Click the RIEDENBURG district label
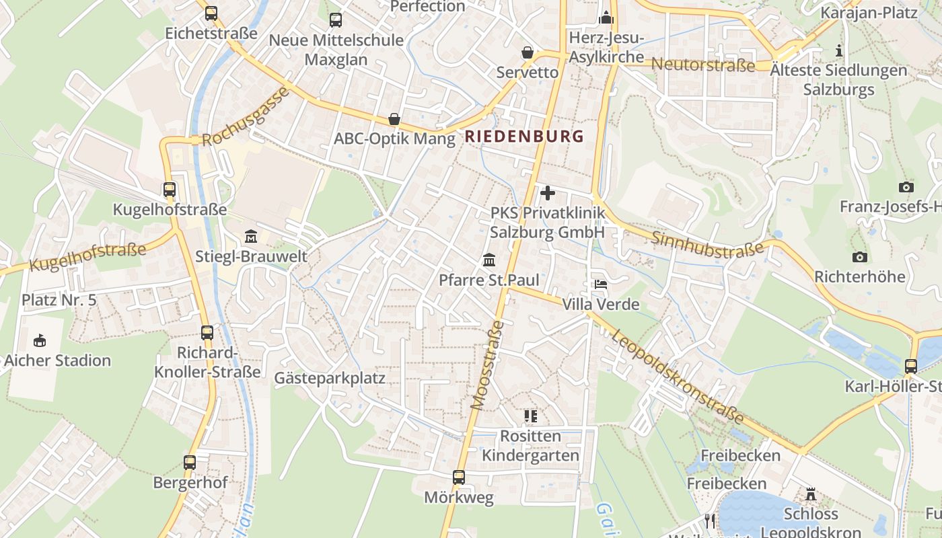(x=524, y=136)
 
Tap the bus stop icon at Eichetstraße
(x=211, y=13)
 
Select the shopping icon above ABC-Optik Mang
(x=394, y=120)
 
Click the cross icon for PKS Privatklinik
(x=548, y=193)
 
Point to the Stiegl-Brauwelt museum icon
(x=251, y=236)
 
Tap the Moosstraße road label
(x=488, y=365)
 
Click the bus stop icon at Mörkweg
(x=459, y=477)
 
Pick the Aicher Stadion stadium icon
(x=40, y=340)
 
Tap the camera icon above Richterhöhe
(x=859, y=257)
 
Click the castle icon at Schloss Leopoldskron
(x=811, y=494)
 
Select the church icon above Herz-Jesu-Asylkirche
(x=606, y=17)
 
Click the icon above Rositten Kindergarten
(x=530, y=416)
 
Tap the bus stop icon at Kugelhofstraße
(x=169, y=190)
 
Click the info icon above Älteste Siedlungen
(x=838, y=50)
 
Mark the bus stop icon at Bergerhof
(x=190, y=463)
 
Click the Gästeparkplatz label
(x=330, y=378)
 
